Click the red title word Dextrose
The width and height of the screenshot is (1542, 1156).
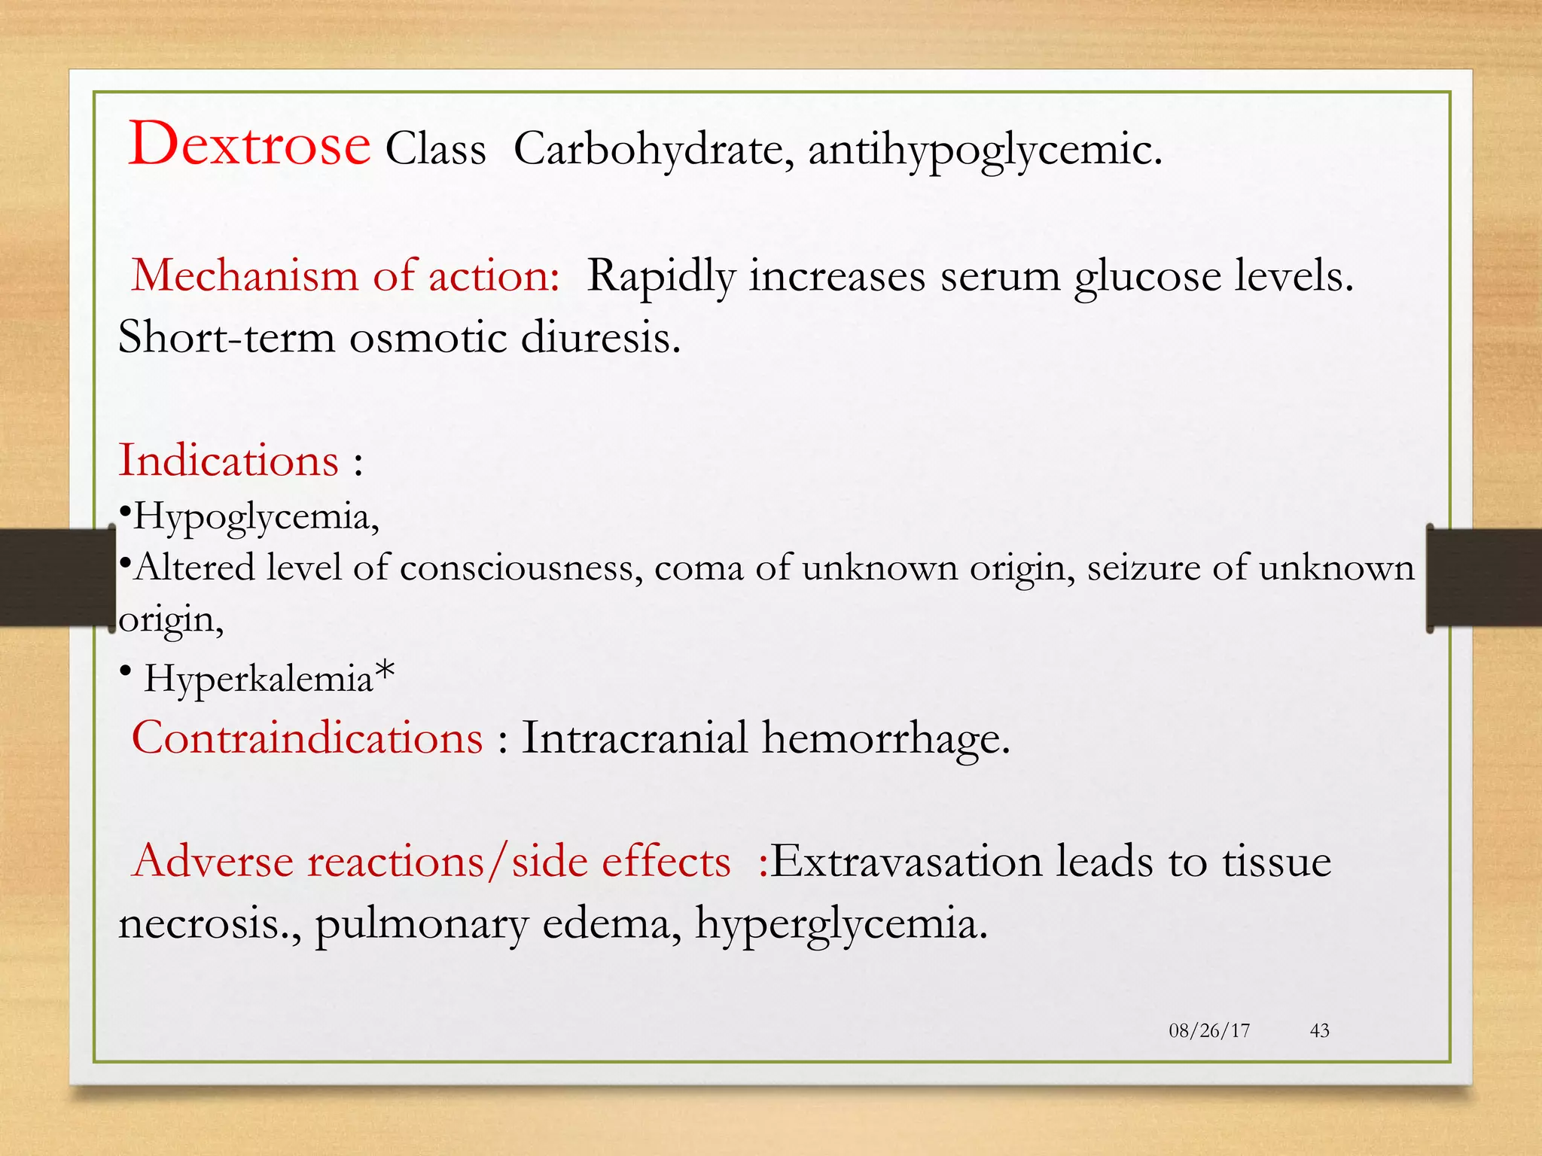tap(249, 144)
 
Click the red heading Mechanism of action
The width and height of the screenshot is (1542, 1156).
tap(346, 275)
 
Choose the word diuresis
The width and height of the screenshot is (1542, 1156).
tap(600, 336)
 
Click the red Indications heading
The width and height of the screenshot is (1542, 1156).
tap(229, 461)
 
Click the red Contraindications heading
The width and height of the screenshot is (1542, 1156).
tap(307, 738)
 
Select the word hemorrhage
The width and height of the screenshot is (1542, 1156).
tap(885, 738)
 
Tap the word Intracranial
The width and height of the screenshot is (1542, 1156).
tap(635, 738)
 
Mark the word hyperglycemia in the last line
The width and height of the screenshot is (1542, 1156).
tap(840, 924)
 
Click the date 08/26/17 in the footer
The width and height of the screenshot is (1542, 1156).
tap(1209, 1030)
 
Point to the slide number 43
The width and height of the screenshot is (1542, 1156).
tap(1320, 1030)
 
